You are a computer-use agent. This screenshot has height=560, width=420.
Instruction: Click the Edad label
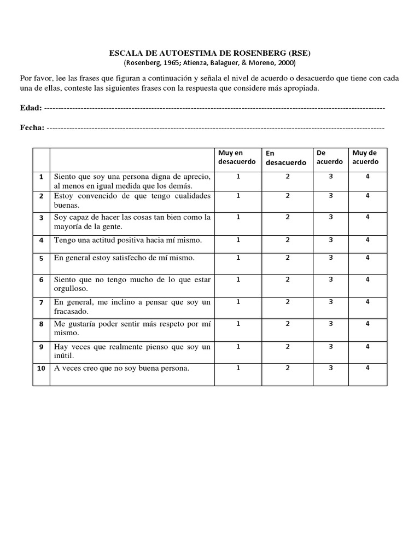[31, 108]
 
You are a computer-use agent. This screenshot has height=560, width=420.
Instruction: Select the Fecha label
[32, 127]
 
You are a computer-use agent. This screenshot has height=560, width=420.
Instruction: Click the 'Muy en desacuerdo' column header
[238, 157]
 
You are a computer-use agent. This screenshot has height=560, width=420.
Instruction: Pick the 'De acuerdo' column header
[330, 157]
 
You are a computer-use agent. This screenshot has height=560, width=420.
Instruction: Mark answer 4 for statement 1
[367, 177]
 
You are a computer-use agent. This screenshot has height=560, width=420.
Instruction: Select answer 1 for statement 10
[238, 367]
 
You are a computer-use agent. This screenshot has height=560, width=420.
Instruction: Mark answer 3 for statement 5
[330, 257]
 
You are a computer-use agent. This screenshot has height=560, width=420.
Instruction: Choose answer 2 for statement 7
[287, 301]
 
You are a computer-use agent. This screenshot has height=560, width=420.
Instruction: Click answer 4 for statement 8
[367, 323]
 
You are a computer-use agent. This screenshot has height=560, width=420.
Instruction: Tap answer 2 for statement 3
[287, 217]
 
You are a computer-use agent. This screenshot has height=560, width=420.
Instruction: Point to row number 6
[41, 279]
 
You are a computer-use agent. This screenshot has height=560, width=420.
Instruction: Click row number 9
[41, 346]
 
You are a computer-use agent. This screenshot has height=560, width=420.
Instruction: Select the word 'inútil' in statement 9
[63, 355]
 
